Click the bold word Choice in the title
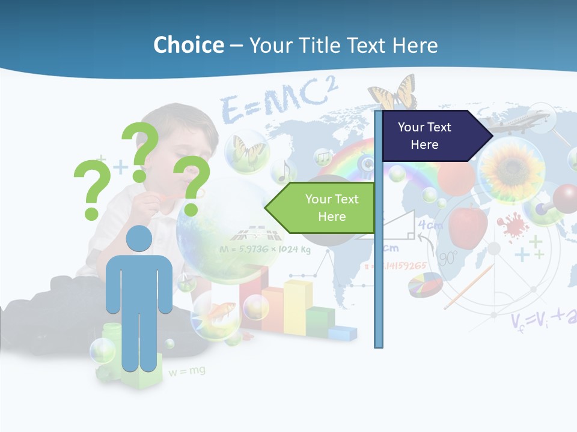click(188, 45)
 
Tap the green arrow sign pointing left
click(325, 208)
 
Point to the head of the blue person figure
click(139, 239)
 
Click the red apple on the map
click(468, 225)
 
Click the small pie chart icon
click(424, 284)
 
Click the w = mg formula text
click(186, 371)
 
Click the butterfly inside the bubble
click(246, 149)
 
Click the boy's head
click(180, 138)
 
